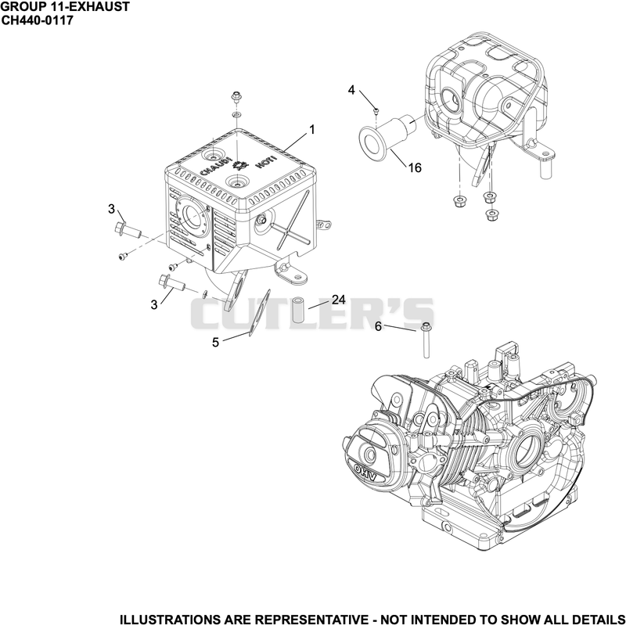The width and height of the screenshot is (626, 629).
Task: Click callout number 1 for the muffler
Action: pos(311,130)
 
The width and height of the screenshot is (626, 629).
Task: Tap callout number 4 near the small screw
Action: pos(351,90)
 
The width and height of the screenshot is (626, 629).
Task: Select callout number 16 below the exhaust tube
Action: pos(415,167)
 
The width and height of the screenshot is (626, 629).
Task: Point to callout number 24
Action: pos(339,300)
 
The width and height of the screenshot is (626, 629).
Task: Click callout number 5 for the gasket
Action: pos(215,343)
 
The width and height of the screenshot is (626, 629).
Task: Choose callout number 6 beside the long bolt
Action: pos(378,326)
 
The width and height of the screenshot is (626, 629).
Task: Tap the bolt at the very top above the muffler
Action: pos(236,96)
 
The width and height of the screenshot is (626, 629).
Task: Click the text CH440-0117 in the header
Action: pos(38,20)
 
